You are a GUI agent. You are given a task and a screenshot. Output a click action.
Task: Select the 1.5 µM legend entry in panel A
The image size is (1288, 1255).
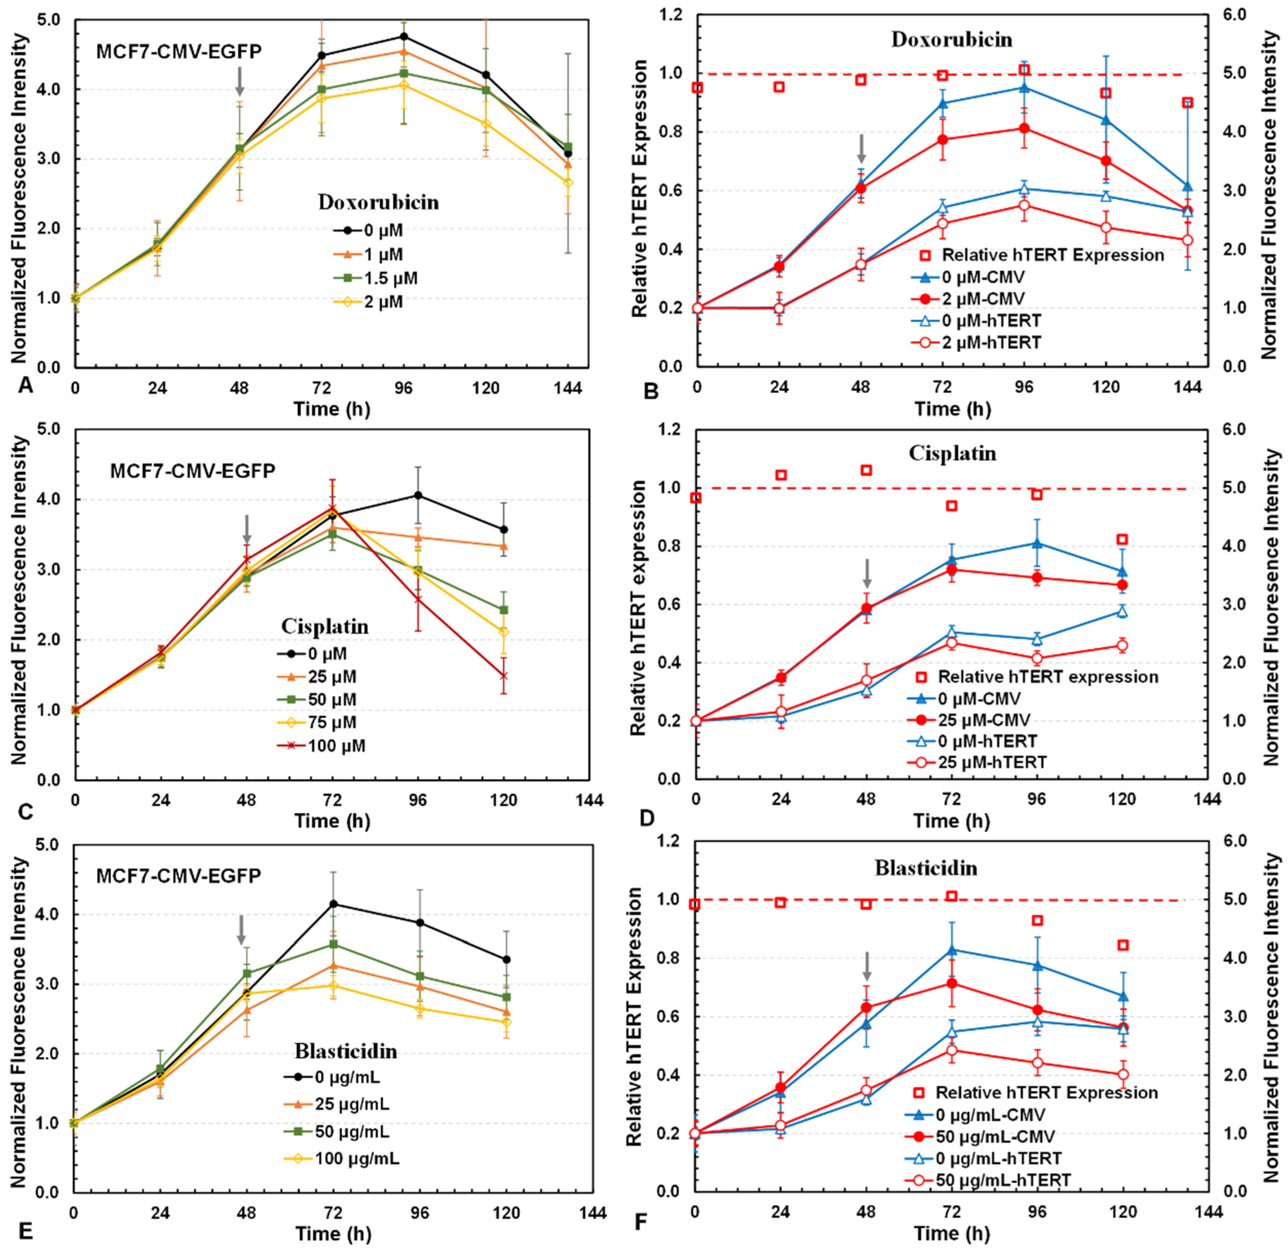click(390, 278)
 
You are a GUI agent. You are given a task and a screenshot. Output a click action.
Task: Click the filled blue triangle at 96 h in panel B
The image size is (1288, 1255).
click(1024, 88)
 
